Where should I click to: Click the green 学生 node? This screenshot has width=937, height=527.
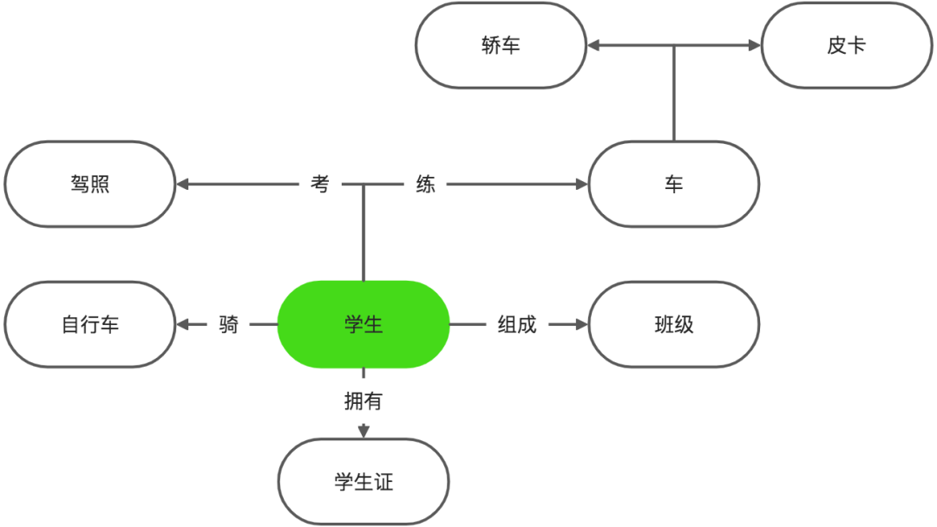coord(364,324)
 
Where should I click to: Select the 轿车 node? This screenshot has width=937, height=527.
coord(501,45)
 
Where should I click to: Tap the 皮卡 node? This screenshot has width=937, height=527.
coord(846,45)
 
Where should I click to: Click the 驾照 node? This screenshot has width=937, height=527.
coord(90,184)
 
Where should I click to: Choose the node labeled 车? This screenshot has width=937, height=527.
coord(673,184)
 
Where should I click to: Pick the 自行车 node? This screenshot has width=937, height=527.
coord(90,324)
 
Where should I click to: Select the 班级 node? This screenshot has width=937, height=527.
coord(673,324)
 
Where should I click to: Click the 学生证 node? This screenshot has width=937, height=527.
coord(364,481)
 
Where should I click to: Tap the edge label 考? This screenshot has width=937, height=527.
coord(320,184)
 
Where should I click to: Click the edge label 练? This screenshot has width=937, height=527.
coord(425,184)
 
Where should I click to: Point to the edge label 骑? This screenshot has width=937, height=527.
coord(228,324)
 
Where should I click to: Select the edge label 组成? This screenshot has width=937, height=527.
coord(517,324)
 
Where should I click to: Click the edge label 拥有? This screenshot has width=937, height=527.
coord(364,400)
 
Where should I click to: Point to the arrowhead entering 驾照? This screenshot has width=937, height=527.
coord(183,184)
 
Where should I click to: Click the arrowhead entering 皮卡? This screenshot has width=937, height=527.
coord(753,45)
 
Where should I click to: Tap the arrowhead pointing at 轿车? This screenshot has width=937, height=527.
coord(593,45)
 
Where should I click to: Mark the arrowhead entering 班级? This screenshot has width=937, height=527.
coord(580,324)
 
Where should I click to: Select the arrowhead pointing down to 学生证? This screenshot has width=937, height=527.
coord(364,431)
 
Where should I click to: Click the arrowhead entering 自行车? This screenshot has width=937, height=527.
coord(183,324)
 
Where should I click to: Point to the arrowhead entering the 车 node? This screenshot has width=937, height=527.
coord(580,184)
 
